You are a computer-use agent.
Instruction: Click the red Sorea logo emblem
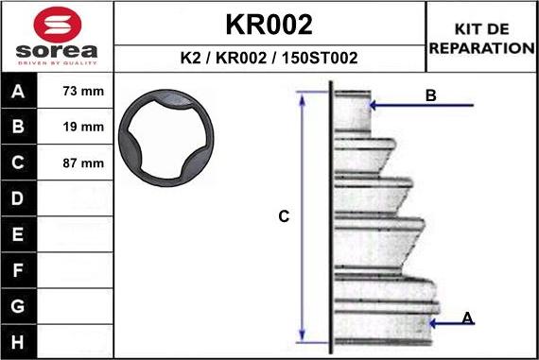[x=58, y=25]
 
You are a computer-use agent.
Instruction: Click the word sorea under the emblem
[x=57, y=51]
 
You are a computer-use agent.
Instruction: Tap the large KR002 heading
[x=269, y=25]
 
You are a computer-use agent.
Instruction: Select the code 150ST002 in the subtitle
[x=320, y=58]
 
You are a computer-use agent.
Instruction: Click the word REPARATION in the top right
[x=481, y=48]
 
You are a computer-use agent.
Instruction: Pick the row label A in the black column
[x=18, y=91]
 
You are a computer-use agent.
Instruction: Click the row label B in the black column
[x=18, y=127]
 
